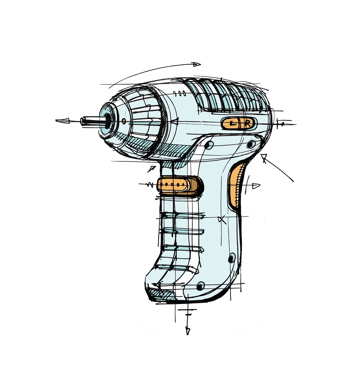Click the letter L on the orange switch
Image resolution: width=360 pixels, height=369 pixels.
pyautogui.click(x=233, y=123)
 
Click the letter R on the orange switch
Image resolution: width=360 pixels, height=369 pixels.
pyautogui.click(x=248, y=124)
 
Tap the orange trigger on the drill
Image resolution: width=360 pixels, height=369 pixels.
pyautogui.click(x=179, y=186)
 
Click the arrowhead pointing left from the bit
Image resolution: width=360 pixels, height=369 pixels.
pyautogui.click(x=63, y=121)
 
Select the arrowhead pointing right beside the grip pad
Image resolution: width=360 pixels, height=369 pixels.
pyautogui.click(x=256, y=186)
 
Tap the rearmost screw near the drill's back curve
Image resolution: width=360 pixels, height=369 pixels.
pyautogui.click(x=251, y=144)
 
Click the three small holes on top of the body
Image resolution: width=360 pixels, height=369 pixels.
pyautogui.click(x=179, y=93)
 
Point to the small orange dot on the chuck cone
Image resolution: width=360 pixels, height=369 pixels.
pyautogui.click(x=124, y=121)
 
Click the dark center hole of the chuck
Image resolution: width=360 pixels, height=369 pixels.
pyautogui.click(x=107, y=121)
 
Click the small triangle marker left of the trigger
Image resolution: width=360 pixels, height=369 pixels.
pyautogui.click(x=152, y=169)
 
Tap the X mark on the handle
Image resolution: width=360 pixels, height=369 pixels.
pyautogui.click(x=222, y=220)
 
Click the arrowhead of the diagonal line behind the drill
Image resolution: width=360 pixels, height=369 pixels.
pyautogui.click(x=264, y=158)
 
